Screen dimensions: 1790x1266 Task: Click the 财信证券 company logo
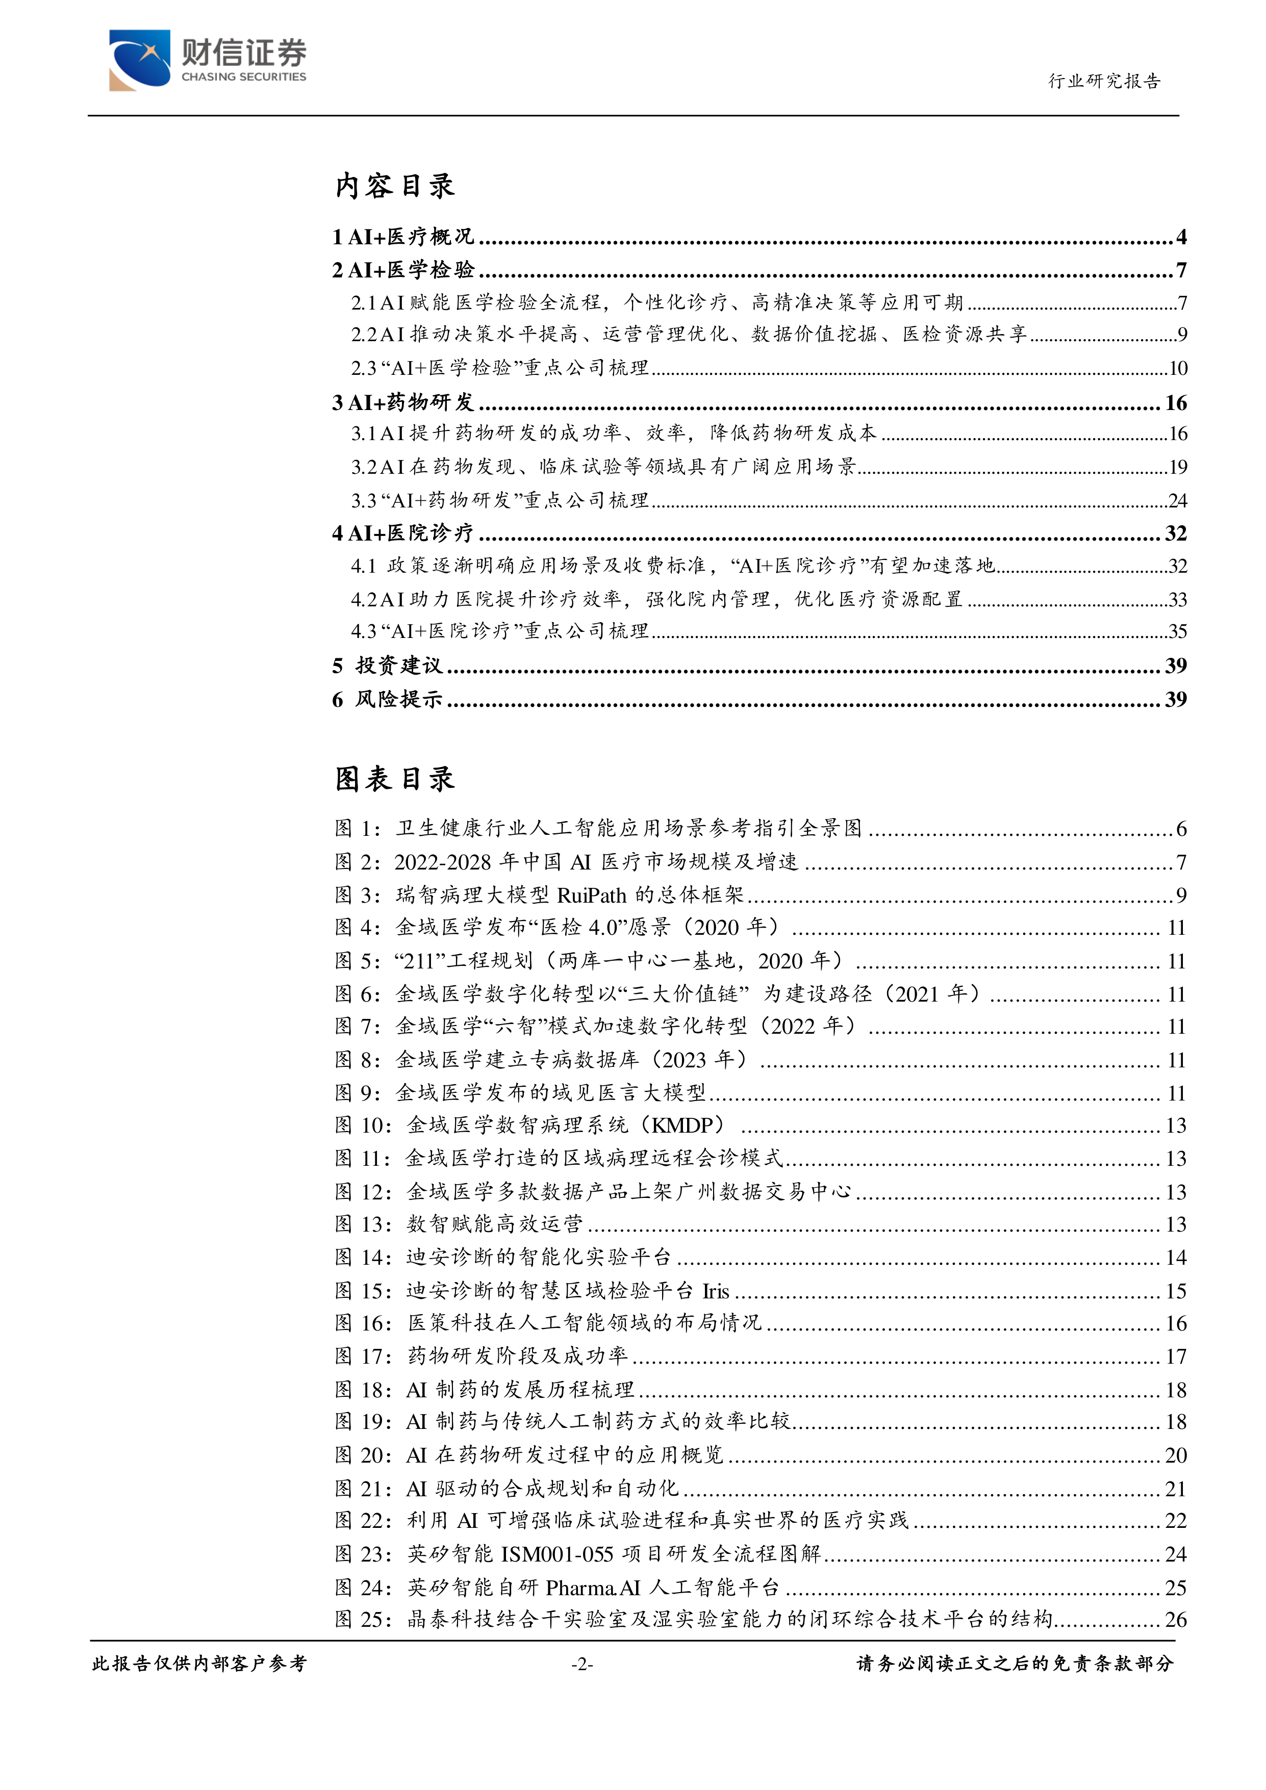tap(208, 60)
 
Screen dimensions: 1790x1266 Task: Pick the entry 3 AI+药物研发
tap(403, 402)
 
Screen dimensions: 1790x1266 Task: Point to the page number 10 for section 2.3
tap(1177, 368)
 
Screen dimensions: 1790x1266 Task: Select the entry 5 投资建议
tap(388, 666)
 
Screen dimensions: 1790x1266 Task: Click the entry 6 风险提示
tap(388, 699)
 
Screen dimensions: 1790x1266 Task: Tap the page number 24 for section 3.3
tap(1177, 500)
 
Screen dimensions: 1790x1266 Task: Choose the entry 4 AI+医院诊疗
tap(403, 533)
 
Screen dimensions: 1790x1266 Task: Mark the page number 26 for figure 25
tap(1176, 1620)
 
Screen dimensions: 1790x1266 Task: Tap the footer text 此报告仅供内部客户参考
tap(199, 1664)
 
